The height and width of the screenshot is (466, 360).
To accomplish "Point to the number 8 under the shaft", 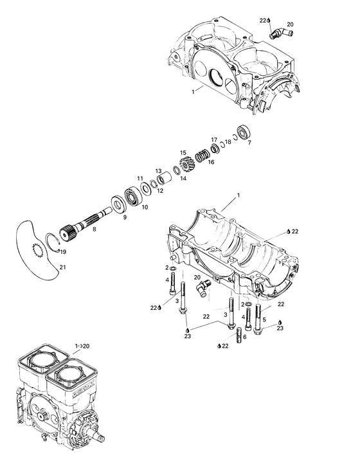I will pyautogui.click(x=94, y=229).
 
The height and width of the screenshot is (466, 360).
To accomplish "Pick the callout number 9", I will pyautogui.click(x=116, y=218).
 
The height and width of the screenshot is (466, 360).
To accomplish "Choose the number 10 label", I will pyautogui.click(x=145, y=207).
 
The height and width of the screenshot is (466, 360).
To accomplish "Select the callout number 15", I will pyautogui.click(x=183, y=152).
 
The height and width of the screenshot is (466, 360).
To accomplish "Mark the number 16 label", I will pyautogui.click(x=211, y=163).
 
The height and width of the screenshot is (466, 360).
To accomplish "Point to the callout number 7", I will pyautogui.click(x=249, y=143).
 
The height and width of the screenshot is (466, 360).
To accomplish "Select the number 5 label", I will pyautogui.click(x=264, y=320).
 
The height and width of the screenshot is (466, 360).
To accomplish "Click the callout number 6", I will pyautogui.click(x=244, y=337).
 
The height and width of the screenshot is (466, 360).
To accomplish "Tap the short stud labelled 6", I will pyautogui.click(x=239, y=335).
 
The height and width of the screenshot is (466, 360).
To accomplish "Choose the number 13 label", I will pyautogui.click(x=157, y=171).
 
